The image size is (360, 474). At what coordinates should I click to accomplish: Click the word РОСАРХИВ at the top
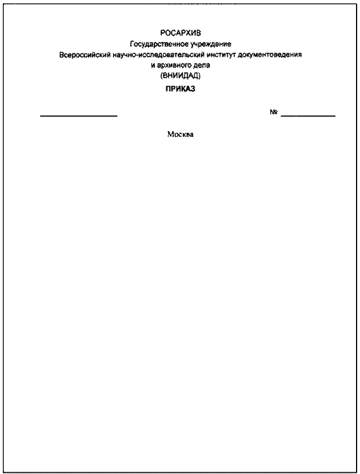click(181, 33)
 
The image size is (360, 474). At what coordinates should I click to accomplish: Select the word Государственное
click(159, 44)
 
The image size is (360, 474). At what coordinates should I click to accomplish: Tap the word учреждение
click(211, 44)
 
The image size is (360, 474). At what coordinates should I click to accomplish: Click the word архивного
click(173, 65)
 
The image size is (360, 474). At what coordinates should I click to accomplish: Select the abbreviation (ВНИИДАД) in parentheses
click(181, 76)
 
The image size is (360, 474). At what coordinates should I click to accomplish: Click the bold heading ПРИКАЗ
click(180, 89)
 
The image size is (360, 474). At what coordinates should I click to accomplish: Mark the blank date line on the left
click(79, 116)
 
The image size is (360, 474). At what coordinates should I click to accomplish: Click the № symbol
click(274, 112)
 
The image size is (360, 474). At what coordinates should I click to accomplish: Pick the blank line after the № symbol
click(308, 116)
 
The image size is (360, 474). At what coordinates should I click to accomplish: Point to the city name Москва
click(180, 135)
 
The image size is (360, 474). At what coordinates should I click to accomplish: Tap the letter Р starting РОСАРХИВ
click(163, 33)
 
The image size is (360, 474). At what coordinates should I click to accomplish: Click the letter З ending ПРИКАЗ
click(192, 89)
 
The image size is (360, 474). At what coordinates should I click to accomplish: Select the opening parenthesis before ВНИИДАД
click(162, 76)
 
